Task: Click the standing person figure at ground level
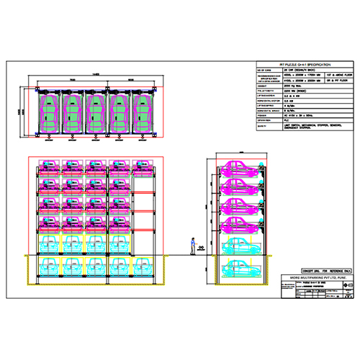pos(192,247)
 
